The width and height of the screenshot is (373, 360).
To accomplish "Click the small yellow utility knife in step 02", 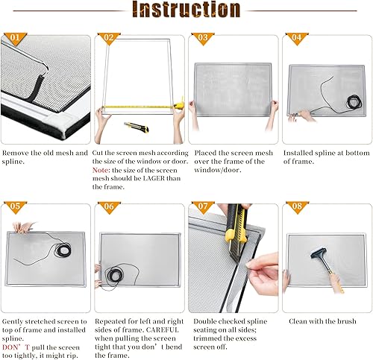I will point(136,127).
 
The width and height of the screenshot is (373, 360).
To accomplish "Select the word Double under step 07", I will point(207,322).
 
